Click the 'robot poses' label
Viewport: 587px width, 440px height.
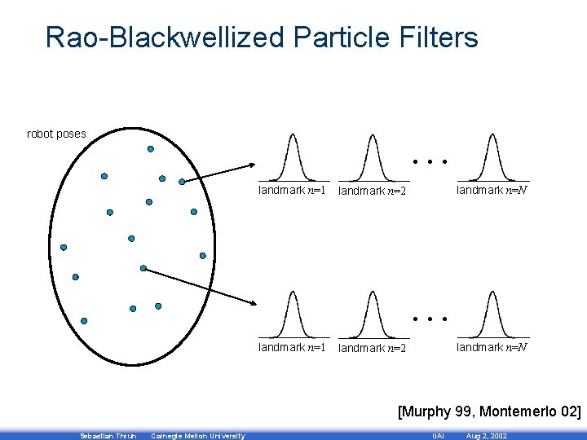pos(56,134)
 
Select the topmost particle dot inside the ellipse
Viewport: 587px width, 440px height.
pos(150,149)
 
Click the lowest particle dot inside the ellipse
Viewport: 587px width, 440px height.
pos(132,309)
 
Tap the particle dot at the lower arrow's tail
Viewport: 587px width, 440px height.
pos(143,268)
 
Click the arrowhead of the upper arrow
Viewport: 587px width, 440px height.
pos(251,165)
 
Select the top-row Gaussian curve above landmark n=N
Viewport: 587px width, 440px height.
pos(491,155)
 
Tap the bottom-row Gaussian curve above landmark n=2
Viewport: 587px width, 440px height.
pos(372,314)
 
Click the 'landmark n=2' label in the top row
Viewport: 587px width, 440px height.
pos(372,191)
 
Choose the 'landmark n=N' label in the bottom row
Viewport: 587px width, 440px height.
pos(491,347)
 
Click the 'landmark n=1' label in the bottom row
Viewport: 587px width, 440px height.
pos(292,347)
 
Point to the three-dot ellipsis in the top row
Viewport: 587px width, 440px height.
pos(430,161)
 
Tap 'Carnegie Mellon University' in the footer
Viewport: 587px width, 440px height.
pos(198,436)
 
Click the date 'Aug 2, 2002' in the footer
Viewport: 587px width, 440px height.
pos(486,436)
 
